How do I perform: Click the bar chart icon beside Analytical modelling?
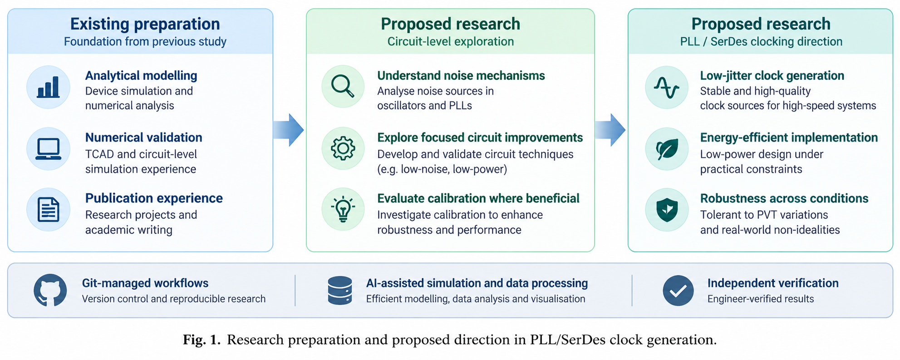(48, 87)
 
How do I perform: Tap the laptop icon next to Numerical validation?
(48, 149)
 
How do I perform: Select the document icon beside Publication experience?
(48, 210)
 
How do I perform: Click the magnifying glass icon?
(343, 86)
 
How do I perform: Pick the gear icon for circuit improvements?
(343, 148)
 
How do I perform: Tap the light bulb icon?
(343, 209)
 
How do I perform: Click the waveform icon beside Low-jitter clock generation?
(666, 87)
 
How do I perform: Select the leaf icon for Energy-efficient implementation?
(667, 149)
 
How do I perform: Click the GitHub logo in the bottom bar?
(50, 290)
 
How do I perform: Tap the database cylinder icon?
(340, 291)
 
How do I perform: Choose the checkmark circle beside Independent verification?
(678, 291)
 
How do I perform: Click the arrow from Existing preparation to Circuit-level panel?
(289, 130)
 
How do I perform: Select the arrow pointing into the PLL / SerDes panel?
(610, 130)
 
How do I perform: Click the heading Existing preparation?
(145, 24)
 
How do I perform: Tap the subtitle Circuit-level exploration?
(450, 42)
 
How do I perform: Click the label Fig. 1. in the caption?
(202, 340)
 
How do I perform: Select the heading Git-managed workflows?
(145, 283)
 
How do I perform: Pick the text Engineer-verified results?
(761, 299)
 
